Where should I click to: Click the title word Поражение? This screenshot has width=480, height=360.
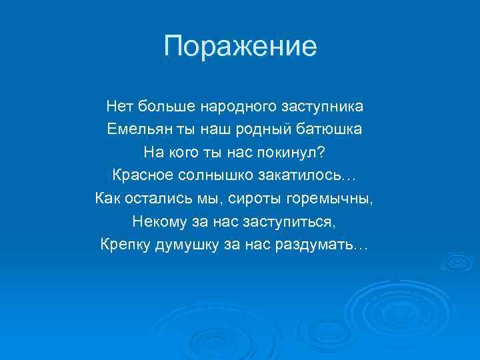pos(240,47)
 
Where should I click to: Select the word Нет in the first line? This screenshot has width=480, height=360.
pos(119,106)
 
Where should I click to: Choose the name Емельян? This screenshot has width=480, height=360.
pos(135,129)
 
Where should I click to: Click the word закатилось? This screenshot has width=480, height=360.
pos(313,175)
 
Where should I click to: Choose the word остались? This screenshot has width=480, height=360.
pos(158,199)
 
